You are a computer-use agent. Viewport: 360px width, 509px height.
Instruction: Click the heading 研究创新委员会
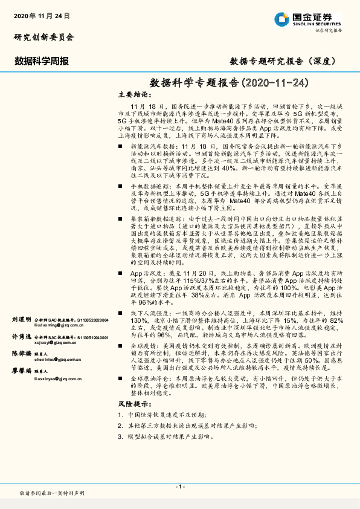[x=44, y=37]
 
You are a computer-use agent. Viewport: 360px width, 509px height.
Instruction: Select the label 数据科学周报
[x=41, y=61]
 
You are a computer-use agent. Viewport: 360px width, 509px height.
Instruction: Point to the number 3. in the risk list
[x=121, y=435]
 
